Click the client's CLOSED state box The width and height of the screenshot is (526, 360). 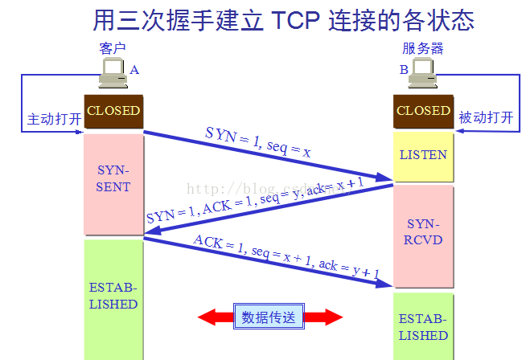pos(113,111)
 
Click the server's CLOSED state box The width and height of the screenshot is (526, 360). pos(423,111)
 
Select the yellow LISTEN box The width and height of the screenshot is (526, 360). pos(423,155)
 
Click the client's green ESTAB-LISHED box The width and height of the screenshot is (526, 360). pos(113,297)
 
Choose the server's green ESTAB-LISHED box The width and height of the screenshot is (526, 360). pos(423,325)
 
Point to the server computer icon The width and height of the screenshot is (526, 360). pos(422,75)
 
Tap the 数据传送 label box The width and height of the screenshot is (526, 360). pos(269,317)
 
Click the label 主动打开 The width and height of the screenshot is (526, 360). pos(55,119)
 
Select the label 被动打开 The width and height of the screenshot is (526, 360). pos(486,119)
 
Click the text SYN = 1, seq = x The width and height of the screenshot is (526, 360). pos(257,141)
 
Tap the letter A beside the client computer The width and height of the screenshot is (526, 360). pos(134,70)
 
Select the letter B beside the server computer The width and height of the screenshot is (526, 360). pos(403,70)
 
